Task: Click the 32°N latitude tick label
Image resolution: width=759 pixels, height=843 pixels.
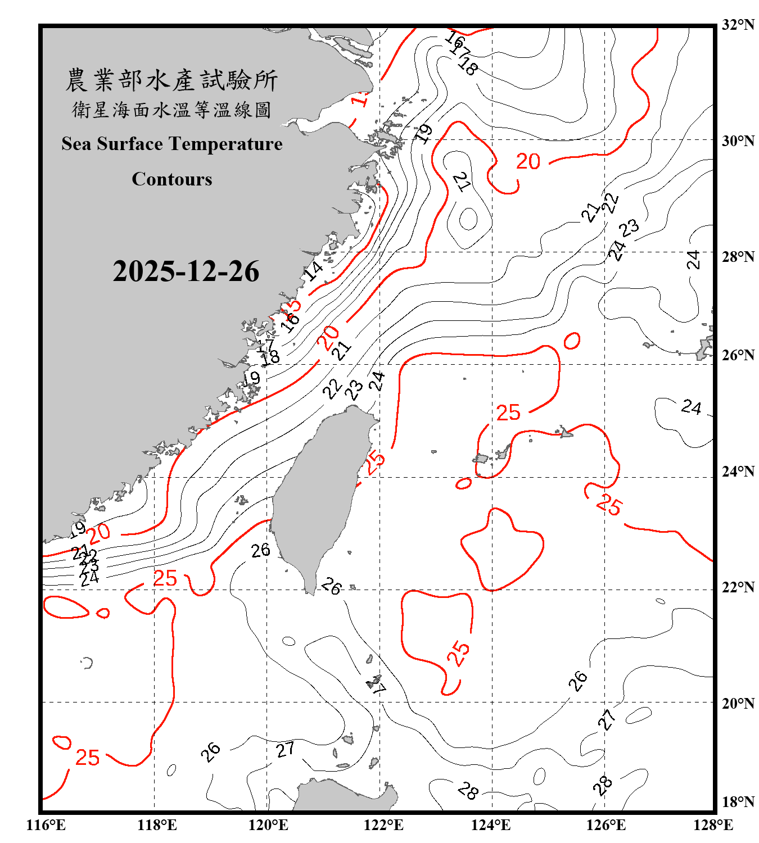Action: click(738, 25)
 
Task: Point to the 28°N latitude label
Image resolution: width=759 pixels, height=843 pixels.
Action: click(738, 257)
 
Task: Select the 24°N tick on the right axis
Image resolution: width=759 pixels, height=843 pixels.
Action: click(738, 472)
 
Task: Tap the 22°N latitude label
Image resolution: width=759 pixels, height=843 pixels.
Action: click(738, 587)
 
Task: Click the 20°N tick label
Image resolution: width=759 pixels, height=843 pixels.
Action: click(738, 703)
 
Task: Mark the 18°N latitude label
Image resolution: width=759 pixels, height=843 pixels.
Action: click(738, 802)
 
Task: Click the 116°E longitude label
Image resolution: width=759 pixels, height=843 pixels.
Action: click(46, 825)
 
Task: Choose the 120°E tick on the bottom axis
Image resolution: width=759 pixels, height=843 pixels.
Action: click(268, 825)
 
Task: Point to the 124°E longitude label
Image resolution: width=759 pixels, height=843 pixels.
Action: click(491, 825)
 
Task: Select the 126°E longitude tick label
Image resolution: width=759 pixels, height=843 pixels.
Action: click(606, 825)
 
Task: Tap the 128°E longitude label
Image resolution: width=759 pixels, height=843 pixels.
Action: click(713, 825)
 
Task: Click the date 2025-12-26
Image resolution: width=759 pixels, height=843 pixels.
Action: click(186, 271)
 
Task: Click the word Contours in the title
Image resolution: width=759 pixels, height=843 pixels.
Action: click(172, 179)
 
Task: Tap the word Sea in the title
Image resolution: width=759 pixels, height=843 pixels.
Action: click(76, 144)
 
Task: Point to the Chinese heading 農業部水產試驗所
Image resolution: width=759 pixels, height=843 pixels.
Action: click(171, 80)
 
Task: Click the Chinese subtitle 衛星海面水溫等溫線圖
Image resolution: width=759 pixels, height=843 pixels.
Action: click(171, 110)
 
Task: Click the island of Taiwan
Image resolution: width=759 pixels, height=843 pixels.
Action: click(318, 495)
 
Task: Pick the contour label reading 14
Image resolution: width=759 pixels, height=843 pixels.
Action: click(313, 271)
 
